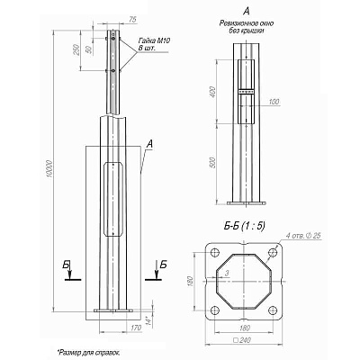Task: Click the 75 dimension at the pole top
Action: (x=132, y=20)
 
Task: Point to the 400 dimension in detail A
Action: (x=212, y=93)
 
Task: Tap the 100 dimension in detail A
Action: (x=274, y=101)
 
